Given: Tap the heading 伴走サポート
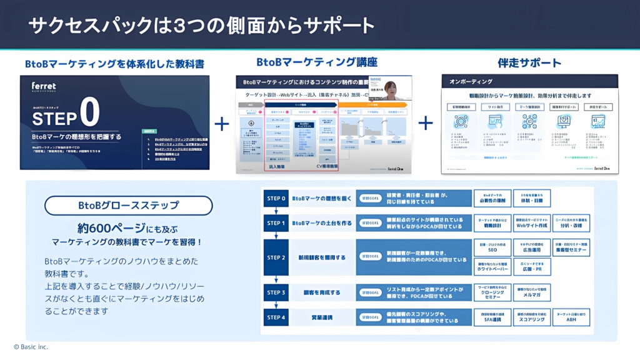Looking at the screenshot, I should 529,62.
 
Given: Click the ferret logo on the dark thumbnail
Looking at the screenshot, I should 44,86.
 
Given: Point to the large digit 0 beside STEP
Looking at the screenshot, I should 89,113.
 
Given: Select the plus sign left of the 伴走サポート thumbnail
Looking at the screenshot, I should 426,122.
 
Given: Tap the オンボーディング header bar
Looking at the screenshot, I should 529,82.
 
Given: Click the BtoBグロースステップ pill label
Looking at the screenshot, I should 129,205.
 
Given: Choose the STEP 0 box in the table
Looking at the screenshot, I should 276,199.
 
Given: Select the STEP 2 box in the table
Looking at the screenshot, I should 276,257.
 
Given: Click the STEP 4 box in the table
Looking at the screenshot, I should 276,317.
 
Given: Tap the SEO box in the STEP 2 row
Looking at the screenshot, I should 492,248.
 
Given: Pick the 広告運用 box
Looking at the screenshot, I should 531,248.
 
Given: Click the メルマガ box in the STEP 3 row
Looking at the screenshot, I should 531,292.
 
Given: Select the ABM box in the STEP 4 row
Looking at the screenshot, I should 571,318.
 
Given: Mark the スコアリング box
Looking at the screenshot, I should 531,318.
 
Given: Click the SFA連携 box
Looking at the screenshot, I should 492,318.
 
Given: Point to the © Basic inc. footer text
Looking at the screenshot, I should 31,347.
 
